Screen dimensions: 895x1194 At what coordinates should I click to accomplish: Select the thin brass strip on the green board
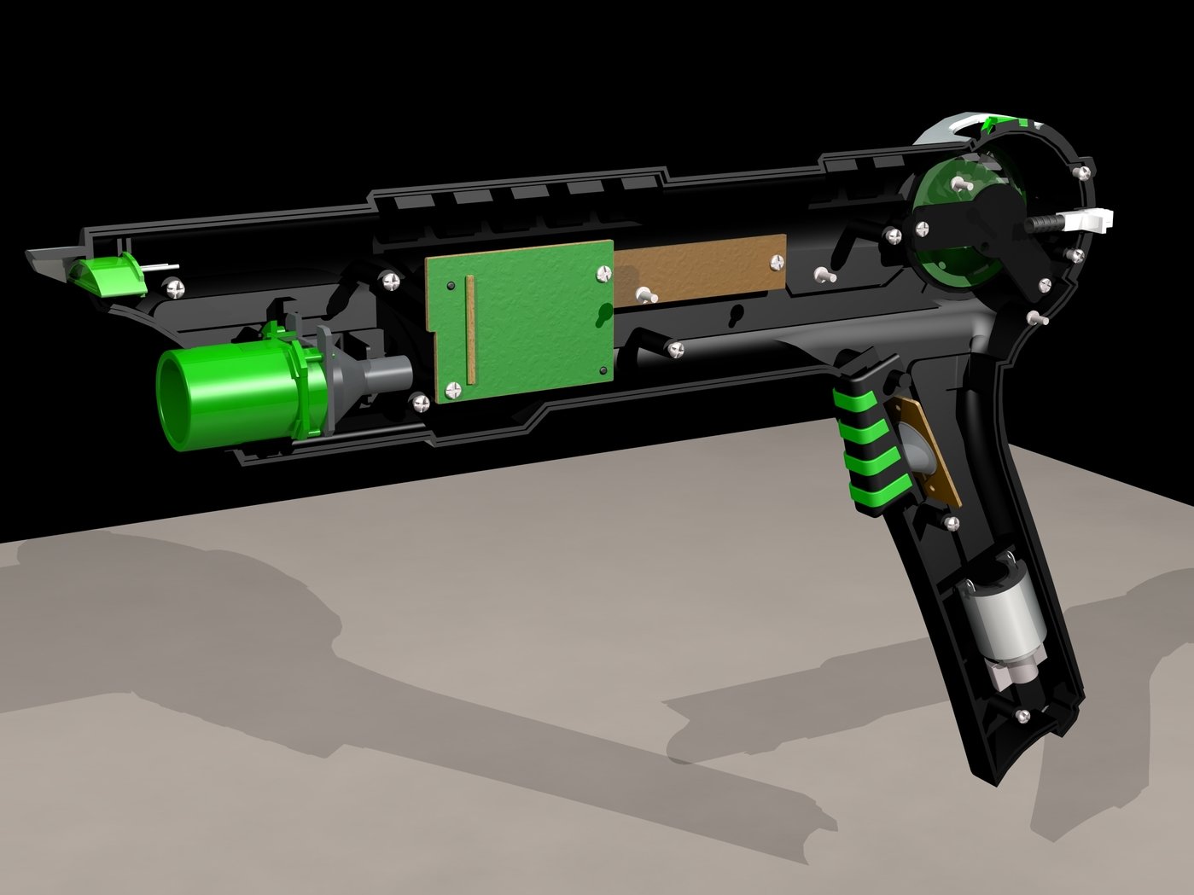click(468, 329)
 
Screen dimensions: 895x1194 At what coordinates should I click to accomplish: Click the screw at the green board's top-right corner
click(605, 273)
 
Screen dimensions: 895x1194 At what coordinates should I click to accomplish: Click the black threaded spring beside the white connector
click(1043, 224)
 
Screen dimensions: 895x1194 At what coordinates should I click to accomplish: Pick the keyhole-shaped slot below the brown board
click(733, 317)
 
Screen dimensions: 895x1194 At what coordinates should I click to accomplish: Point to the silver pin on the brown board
click(645, 296)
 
